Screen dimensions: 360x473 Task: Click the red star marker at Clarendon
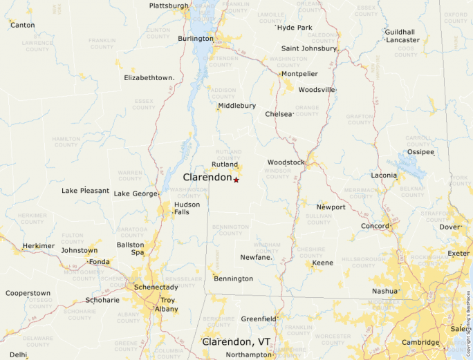[x=236, y=180]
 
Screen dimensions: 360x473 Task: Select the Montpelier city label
[x=299, y=74]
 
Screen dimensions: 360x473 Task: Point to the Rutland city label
[x=225, y=165]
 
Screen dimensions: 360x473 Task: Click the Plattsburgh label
[x=169, y=6]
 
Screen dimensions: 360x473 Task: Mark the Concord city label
[x=375, y=226]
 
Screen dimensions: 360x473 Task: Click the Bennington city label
[x=234, y=279]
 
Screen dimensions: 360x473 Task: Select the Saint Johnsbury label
[x=309, y=48]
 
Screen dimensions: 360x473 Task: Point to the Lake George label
[x=136, y=194]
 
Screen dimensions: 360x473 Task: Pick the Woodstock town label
[x=286, y=162]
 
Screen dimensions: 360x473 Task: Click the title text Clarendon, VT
[x=236, y=342]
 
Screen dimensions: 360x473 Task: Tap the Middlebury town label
[x=236, y=106]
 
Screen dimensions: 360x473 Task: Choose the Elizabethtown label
[x=149, y=78]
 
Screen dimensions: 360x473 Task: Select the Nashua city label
[x=385, y=292]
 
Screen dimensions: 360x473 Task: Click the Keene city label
[x=322, y=263]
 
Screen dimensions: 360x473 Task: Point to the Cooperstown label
[x=28, y=293]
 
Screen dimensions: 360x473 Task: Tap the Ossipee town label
[x=420, y=152]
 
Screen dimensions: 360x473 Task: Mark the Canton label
[x=22, y=25]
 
